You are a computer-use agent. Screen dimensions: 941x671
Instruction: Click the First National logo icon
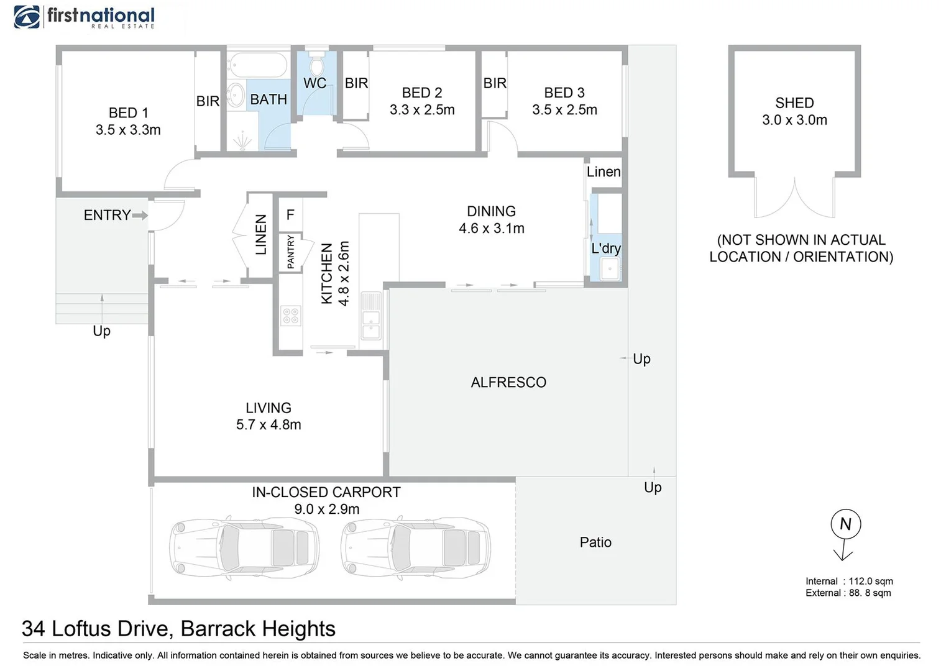click(x=27, y=17)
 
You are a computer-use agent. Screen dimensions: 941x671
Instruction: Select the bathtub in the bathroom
click(x=258, y=65)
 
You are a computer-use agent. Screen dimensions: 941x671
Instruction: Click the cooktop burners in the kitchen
click(x=291, y=316)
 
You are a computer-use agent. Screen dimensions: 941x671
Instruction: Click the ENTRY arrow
click(x=140, y=216)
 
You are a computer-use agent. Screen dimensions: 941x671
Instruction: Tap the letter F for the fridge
click(x=290, y=215)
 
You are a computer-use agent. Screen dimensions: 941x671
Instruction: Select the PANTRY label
click(x=291, y=252)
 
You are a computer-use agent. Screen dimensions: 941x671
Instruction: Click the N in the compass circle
click(x=846, y=524)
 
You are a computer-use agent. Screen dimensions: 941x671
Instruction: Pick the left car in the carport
click(x=244, y=547)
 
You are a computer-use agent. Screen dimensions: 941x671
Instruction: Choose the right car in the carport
click(x=415, y=547)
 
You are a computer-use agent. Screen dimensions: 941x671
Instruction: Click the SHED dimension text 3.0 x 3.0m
click(x=794, y=120)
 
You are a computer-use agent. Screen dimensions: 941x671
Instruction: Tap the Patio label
click(x=595, y=542)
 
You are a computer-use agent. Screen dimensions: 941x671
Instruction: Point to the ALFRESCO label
click(x=508, y=382)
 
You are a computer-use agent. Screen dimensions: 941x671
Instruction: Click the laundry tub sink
click(x=609, y=269)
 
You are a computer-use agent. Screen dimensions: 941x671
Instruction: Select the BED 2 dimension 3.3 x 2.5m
click(x=422, y=109)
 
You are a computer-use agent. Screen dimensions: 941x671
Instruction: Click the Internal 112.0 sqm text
click(x=849, y=581)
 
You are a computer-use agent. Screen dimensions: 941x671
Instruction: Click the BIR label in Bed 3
click(x=495, y=83)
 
